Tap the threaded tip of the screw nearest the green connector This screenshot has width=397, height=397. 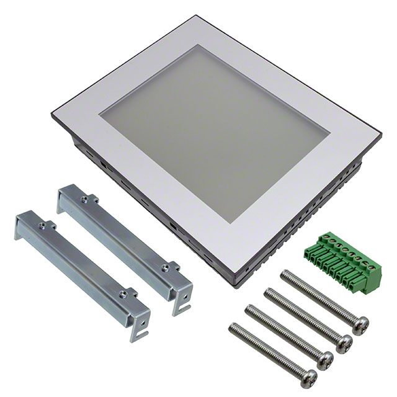[x=285, y=275]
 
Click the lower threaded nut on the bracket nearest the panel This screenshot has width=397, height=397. [x=165, y=268]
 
